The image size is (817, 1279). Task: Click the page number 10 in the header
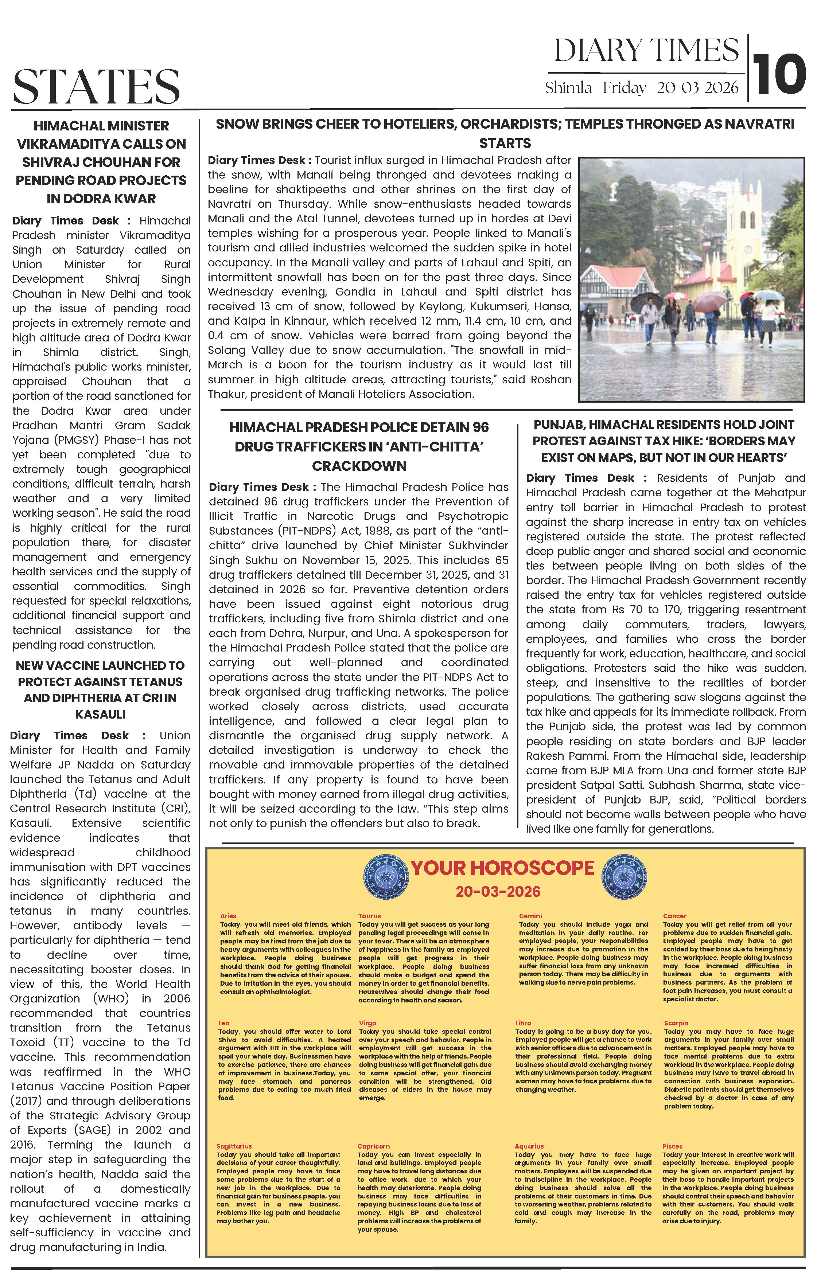779,74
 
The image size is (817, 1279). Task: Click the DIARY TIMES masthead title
646,51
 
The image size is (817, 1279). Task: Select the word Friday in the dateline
624,88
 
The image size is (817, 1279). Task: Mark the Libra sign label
523,1023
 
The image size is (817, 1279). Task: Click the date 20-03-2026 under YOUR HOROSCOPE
498,891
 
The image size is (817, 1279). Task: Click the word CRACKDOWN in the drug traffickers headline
359,466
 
